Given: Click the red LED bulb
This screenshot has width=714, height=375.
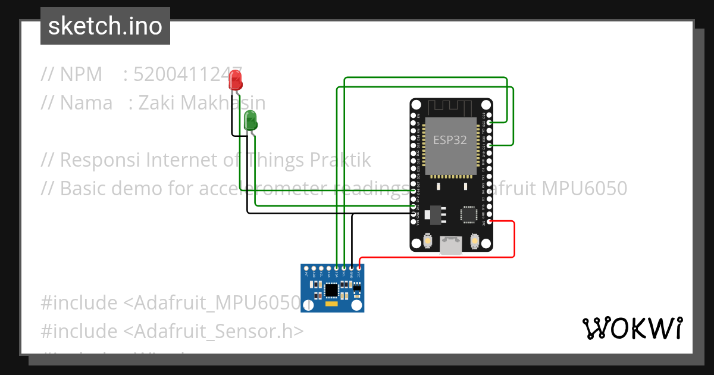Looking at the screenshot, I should (x=236, y=79).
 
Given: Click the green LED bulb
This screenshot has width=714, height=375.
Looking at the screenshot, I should (x=250, y=120).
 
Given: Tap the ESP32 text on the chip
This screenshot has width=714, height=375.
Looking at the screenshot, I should (x=450, y=140).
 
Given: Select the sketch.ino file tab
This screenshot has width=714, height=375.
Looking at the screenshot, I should (x=105, y=26).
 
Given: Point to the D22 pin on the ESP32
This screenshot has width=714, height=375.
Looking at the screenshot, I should (x=489, y=123).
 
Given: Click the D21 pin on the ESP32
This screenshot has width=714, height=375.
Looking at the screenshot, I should (x=489, y=145).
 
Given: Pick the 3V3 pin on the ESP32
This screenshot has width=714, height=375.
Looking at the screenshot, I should (x=489, y=221).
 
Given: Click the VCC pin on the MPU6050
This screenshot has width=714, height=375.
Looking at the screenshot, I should (x=359, y=268).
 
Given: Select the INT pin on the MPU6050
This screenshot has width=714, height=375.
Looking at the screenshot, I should (x=307, y=268).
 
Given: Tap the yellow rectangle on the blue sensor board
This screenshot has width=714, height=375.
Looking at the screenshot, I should (x=331, y=305).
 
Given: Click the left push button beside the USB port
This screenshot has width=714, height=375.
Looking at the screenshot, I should (x=427, y=240).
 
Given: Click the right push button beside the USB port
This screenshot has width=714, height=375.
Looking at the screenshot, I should (x=474, y=240).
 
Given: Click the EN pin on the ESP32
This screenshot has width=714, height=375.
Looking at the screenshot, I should (x=414, y=115).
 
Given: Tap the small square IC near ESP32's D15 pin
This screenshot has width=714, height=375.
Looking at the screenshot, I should (x=468, y=214).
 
